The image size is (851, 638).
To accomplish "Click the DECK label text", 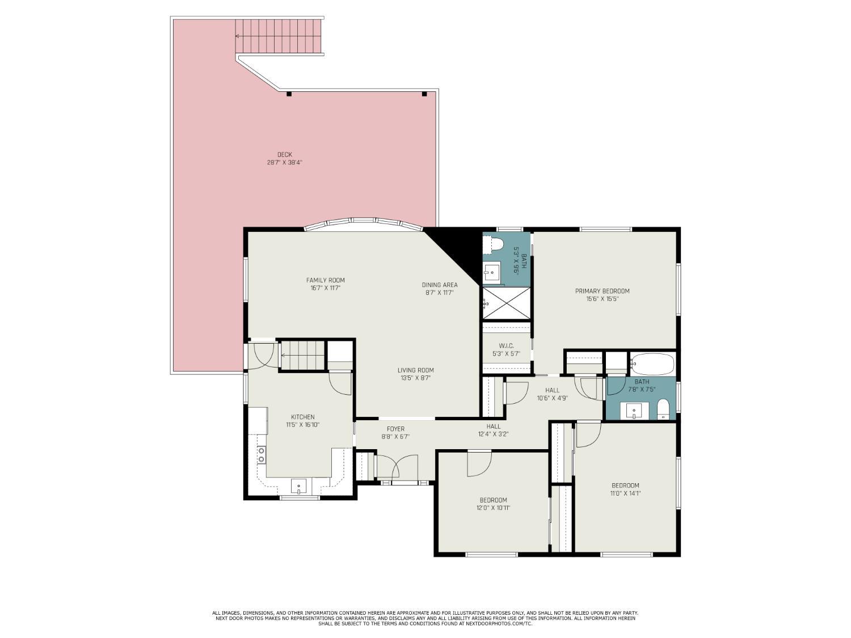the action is point(284,155).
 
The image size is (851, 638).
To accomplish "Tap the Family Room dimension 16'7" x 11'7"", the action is point(325,288).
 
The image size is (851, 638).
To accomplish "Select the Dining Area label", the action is point(439,285).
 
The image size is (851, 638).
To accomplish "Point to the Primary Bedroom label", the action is point(602,291).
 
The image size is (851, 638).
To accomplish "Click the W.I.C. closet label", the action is point(506,345).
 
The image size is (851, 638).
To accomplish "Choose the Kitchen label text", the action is point(302,417).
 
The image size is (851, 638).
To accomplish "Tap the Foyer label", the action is point(395,429).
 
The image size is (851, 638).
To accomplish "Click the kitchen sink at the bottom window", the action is point(298,487).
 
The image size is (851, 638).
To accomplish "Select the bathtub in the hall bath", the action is point(652,364).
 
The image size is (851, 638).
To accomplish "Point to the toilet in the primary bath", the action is point(494,244).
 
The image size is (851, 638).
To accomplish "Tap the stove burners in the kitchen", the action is point(262,454).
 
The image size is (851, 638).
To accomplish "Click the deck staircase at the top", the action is point(279,36).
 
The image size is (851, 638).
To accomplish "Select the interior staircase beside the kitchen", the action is point(302,355).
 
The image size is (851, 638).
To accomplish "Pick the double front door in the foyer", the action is point(396,467).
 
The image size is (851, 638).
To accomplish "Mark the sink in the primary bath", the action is point(492,273).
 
